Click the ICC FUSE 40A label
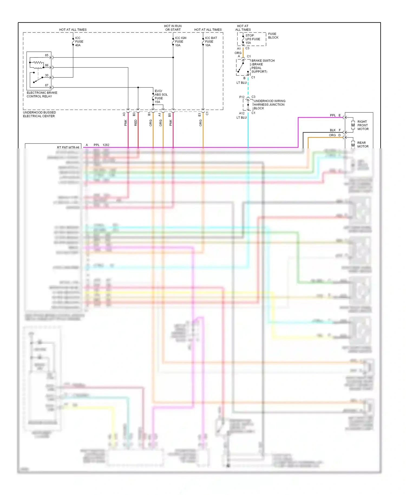[x=79, y=42]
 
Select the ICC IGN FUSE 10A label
[x=180, y=42]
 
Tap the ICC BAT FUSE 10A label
[x=211, y=42]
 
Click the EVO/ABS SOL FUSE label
[x=161, y=96]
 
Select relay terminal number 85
[x=47, y=55]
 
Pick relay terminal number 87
[x=47, y=85]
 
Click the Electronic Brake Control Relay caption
[x=42, y=95]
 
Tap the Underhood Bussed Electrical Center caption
[x=39, y=114]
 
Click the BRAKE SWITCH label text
[x=263, y=61]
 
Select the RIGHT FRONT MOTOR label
[x=363, y=125]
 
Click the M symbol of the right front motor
[x=353, y=125]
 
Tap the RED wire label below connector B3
[x=136, y=123]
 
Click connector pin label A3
[x=124, y=114]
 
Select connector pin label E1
[x=200, y=115]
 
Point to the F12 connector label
[x=242, y=97]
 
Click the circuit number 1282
[x=106, y=145]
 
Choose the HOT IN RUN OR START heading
[x=173, y=28]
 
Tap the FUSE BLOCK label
[x=273, y=36]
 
